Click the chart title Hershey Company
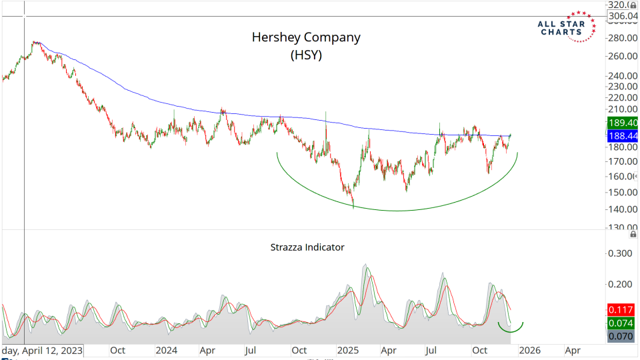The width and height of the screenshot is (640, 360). pyautogui.click(x=306, y=37)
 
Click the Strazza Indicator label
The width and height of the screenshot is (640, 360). pyautogui.click(x=307, y=247)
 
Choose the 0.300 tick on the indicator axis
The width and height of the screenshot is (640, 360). pyautogui.click(x=619, y=253)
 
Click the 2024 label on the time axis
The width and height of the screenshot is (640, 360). pyautogui.click(x=164, y=349)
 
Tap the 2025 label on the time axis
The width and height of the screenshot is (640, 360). pyautogui.click(x=348, y=349)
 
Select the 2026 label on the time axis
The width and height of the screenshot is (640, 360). pyautogui.click(x=530, y=349)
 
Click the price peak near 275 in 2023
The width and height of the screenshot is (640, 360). pyautogui.click(x=35, y=43)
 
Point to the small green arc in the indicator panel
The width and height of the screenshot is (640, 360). pyautogui.click(x=511, y=327)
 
